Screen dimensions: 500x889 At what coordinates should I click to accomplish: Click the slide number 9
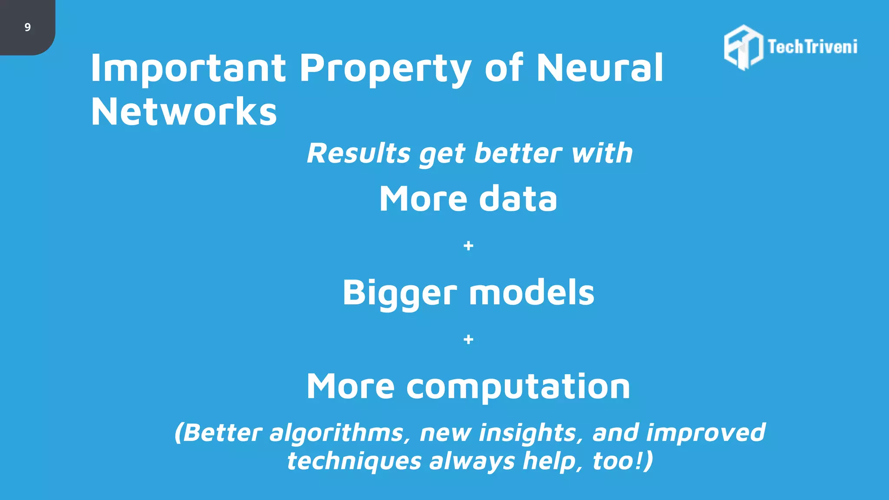[x=27, y=27]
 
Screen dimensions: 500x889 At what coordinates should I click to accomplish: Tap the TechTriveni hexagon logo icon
[x=743, y=47]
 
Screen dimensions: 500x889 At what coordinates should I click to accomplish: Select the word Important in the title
[x=188, y=68]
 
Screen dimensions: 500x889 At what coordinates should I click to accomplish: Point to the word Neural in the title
[x=600, y=68]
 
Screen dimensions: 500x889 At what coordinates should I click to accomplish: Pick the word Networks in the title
[x=184, y=112]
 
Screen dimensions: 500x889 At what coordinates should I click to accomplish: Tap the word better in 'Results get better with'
[x=518, y=153]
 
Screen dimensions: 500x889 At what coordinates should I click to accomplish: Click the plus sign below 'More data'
[x=468, y=246]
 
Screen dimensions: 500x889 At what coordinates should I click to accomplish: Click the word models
[x=532, y=293]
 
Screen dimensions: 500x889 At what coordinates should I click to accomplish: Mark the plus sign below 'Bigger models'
[x=468, y=339]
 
